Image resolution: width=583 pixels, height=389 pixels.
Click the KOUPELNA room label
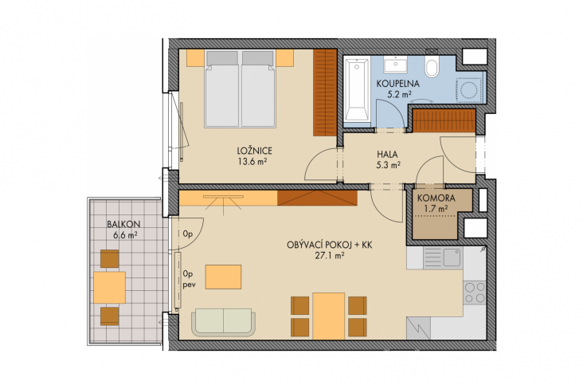398,84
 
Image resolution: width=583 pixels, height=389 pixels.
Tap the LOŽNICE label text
255,151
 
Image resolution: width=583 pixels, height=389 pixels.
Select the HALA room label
387,154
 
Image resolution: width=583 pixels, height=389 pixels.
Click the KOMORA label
436,198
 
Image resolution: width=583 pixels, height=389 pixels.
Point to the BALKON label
123,225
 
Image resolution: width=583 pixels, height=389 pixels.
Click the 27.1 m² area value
330,255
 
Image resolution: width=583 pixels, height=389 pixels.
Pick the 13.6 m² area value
252,162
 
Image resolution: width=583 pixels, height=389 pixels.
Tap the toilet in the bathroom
432,67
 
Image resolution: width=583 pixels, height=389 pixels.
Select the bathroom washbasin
395,65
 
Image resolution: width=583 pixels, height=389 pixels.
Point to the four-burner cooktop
475,293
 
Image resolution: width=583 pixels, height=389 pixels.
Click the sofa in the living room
224,322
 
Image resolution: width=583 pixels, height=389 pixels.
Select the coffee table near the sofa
224,277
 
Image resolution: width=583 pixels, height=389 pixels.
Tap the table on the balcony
109,287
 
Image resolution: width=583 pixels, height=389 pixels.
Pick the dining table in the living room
329,316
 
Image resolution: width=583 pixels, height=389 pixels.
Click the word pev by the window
190,285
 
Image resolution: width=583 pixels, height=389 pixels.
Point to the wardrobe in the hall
444,120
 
